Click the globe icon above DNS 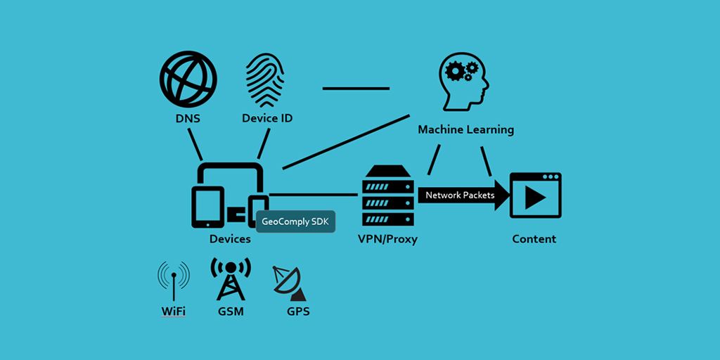188,78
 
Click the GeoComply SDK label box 296,221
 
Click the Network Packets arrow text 460,195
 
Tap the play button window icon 535,195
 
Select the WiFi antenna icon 173,278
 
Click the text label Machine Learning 465,130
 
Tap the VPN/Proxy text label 387,239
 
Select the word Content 534,239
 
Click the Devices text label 230,239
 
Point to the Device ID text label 267,118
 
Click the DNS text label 188,118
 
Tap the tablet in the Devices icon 207,207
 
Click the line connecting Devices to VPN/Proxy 313,194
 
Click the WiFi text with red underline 173,311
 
